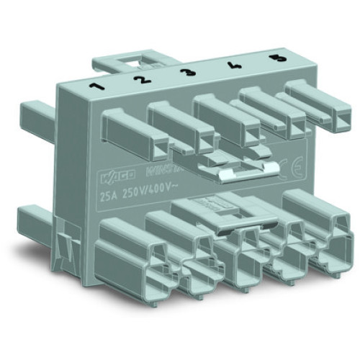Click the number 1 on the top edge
[94, 89]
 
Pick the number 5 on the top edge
[272, 57]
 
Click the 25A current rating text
[110, 194]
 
